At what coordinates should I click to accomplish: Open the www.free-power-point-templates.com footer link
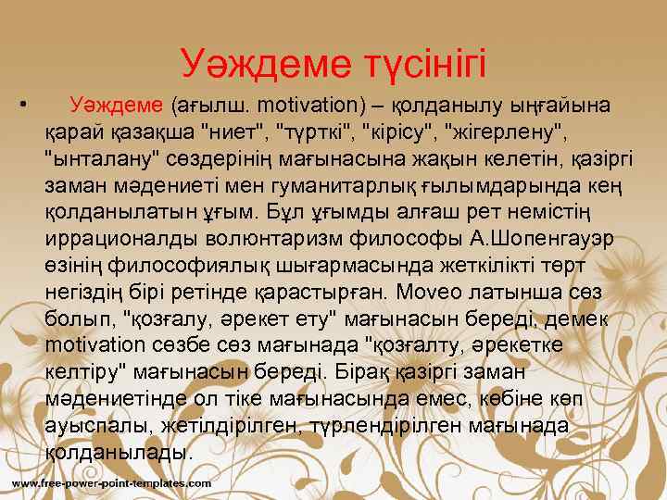pyautogui.click(x=111, y=484)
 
